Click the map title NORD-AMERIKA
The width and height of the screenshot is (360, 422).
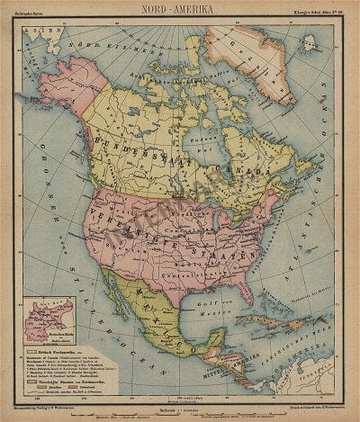click(x=180, y=8)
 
